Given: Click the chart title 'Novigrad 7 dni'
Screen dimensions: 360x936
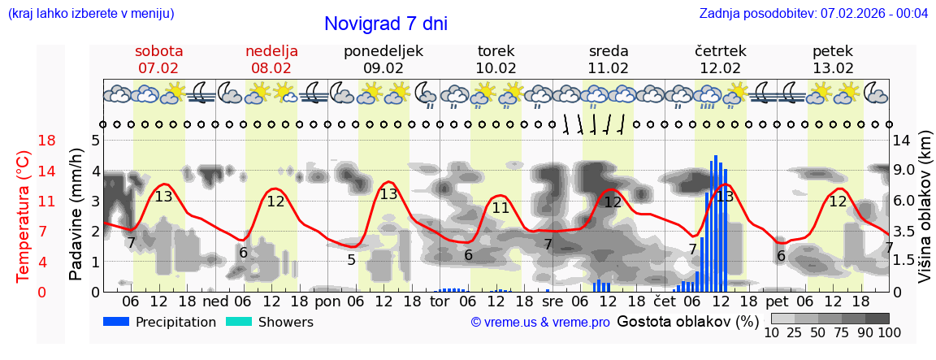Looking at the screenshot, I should coord(385,24).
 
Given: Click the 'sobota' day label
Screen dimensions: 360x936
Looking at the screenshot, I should coord(158,51).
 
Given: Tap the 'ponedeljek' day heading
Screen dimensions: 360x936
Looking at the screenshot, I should coord(383,51).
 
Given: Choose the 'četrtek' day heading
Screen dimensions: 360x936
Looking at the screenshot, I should coord(721,51).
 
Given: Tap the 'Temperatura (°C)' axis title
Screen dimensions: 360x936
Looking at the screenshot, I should coord(23,216).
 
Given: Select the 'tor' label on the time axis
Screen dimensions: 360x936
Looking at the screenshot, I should coord(440,301).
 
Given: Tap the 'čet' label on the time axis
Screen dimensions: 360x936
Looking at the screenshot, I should coord(665,301).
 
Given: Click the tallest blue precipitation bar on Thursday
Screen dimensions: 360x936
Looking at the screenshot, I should coord(716,223).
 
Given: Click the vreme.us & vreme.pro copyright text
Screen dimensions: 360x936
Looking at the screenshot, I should coord(540,323).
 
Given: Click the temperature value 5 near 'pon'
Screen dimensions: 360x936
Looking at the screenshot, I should coord(351,260).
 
